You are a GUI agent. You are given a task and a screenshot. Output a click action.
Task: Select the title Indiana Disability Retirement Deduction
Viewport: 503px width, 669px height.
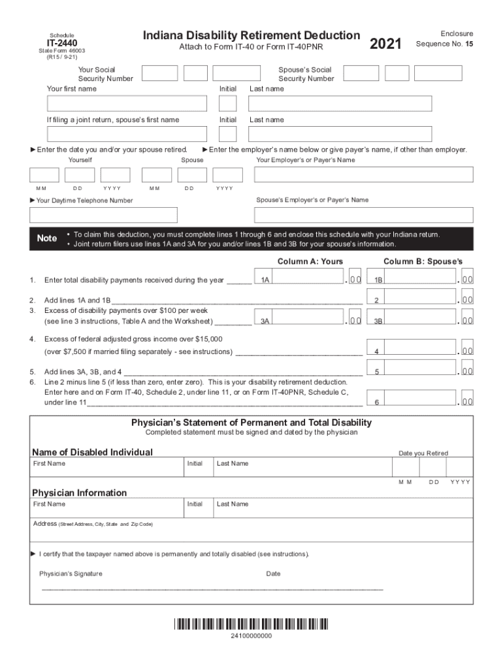pyautogui.click(x=252, y=35)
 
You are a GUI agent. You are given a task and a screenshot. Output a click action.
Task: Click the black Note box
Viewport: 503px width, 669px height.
pyautogui.click(x=46, y=238)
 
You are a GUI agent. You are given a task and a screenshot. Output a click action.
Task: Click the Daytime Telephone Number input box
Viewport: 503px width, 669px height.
pyautogui.click(x=103, y=215)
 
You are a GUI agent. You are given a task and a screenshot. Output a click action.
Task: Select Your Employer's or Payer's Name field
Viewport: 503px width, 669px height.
pyautogui.click(x=363, y=174)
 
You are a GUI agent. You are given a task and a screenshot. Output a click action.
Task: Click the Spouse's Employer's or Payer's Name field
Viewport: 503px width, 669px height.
pyautogui.click(x=363, y=215)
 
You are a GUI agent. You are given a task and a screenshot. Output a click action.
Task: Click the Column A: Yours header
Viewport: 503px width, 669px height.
pyautogui.click(x=310, y=261)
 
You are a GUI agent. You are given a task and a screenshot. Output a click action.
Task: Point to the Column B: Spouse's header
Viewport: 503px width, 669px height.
pyautogui.click(x=423, y=261)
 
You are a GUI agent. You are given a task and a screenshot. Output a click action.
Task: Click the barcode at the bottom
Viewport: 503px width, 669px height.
pyautogui.click(x=251, y=624)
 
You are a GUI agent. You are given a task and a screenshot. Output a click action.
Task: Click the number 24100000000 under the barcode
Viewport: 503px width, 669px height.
pyautogui.click(x=251, y=636)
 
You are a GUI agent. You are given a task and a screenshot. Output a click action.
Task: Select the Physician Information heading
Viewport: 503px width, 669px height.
pyautogui.click(x=80, y=493)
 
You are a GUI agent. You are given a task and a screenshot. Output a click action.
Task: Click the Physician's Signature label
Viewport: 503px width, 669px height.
pyautogui.click(x=71, y=574)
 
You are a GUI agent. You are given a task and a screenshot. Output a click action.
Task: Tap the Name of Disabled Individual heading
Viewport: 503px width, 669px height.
pyautogui.click(x=93, y=452)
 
